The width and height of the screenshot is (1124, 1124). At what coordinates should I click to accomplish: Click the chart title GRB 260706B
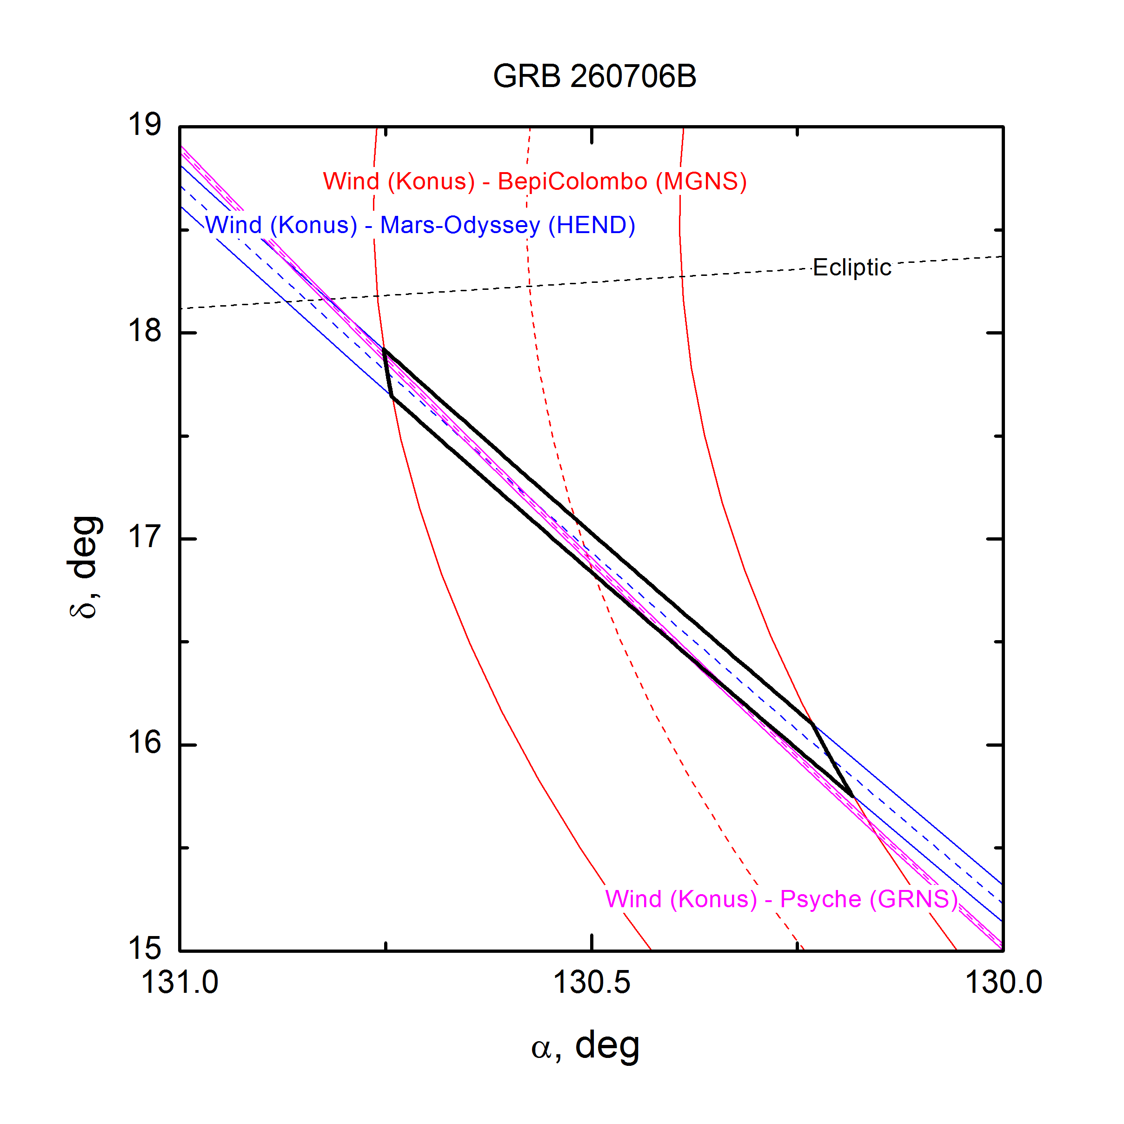tap(595, 76)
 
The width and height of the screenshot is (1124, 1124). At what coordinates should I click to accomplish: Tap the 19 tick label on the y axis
tap(144, 125)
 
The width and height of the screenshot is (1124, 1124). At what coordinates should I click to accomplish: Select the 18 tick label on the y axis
tap(144, 331)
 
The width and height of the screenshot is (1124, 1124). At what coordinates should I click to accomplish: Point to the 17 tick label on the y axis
tap(144, 537)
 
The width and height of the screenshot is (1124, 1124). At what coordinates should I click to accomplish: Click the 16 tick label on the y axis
tap(144, 743)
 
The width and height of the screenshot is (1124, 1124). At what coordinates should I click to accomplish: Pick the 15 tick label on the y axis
tap(144, 949)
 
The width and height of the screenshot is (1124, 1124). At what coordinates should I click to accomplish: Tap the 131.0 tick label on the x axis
tap(180, 983)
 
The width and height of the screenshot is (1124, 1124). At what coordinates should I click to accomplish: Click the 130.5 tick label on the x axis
tap(592, 983)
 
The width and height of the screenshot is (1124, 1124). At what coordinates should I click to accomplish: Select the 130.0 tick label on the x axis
tap(1004, 983)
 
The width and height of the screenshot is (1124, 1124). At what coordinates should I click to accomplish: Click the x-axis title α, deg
tap(585, 1046)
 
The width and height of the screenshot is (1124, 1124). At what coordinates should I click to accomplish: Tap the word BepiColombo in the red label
tap(572, 181)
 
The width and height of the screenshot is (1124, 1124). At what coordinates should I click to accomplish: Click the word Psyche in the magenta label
tap(820, 899)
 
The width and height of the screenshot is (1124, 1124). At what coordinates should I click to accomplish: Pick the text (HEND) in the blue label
tap(592, 225)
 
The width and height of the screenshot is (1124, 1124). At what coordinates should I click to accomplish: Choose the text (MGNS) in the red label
tap(701, 181)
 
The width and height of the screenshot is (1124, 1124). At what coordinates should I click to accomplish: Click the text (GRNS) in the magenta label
tap(913, 899)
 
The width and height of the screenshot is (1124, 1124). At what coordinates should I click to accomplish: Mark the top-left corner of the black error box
tap(384, 349)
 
